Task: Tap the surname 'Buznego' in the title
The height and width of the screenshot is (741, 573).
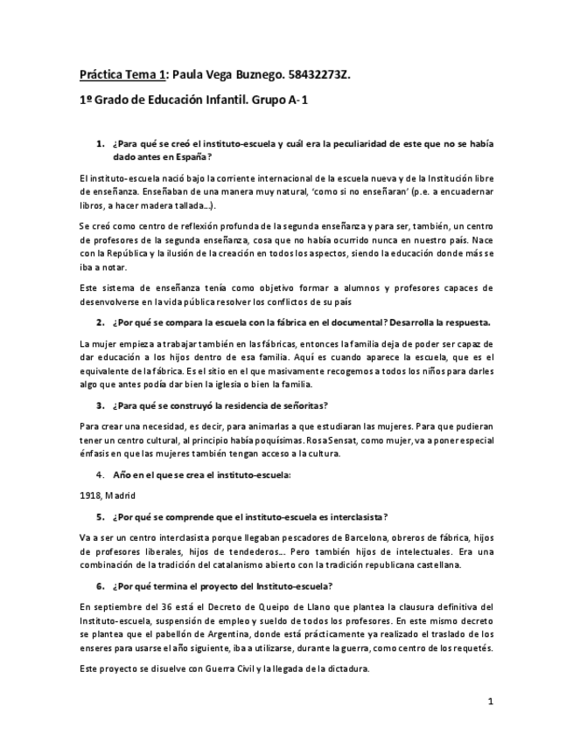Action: (244, 75)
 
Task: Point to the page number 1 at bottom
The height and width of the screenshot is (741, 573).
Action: (492, 701)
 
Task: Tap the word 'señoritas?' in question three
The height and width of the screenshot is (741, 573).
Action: (299, 405)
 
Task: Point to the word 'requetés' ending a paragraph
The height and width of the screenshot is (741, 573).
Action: (472, 648)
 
